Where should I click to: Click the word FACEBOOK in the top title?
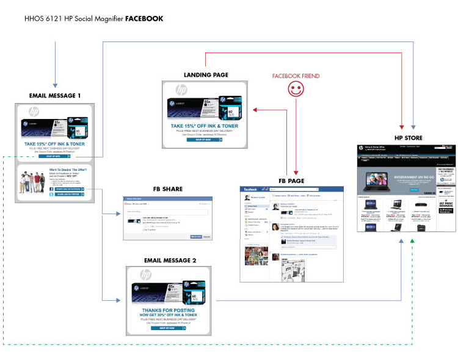tap(144, 18)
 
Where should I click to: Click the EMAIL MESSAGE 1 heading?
tap(55, 95)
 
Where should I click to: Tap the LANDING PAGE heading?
tap(206, 75)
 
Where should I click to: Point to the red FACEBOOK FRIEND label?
tap(296, 76)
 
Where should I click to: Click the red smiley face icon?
tap(296, 90)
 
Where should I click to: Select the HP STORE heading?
tap(408, 138)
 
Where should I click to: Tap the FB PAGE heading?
tap(291, 181)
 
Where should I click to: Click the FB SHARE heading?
tap(167, 189)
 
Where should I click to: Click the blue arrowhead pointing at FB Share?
tap(122, 214)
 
